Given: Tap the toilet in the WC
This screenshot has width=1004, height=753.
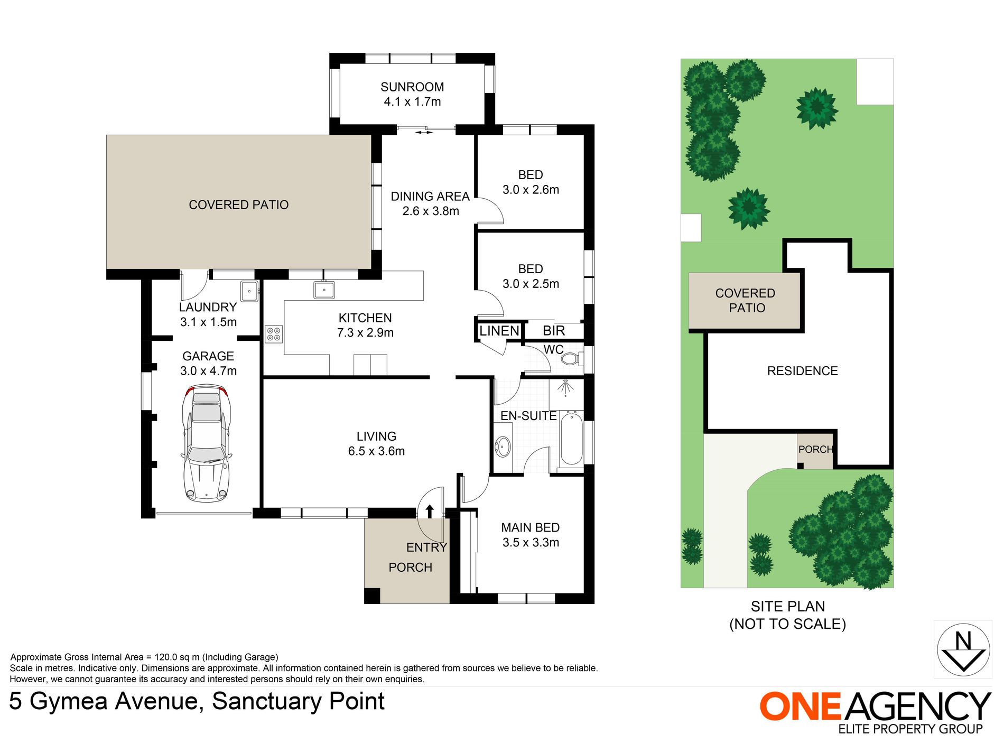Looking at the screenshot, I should tap(571, 359).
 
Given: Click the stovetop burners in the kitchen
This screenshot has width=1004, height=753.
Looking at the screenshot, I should tap(274, 334).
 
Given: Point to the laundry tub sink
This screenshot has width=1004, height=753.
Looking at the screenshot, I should tap(249, 291).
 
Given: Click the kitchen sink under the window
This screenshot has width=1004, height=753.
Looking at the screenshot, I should tap(324, 290).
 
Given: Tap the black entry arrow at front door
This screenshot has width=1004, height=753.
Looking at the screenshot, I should tap(430, 510).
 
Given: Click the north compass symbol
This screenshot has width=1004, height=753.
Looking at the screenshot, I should tap(963, 649).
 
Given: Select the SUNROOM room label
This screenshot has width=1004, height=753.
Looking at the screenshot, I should tap(412, 87).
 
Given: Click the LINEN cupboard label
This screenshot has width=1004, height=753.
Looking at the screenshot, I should tap(499, 331).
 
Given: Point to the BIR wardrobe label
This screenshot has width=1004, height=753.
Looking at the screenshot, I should tap(554, 331).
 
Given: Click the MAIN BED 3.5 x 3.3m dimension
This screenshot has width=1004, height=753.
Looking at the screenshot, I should tap(531, 543).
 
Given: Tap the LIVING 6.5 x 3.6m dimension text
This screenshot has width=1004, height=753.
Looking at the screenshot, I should tap(376, 451).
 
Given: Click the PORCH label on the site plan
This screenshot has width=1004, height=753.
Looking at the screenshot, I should tap(815, 450).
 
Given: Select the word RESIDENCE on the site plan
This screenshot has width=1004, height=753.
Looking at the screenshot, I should tap(802, 371).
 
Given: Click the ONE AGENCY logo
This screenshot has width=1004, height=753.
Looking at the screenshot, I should tap(875, 711).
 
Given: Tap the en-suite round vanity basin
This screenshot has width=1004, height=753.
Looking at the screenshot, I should tap(503, 447).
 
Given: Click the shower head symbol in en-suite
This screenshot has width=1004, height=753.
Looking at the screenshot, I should tap(565, 387).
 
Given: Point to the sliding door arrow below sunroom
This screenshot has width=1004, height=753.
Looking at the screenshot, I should tap(424, 133).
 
